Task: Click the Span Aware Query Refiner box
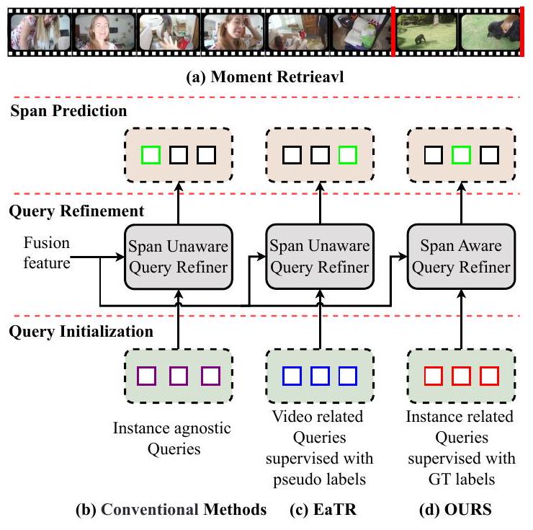tap(460, 257)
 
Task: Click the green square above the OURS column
tap(460, 154)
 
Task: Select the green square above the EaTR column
tap(346, 154)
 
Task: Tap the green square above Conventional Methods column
tap(151, 154)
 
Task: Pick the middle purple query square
tap(178, 376)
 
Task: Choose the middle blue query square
tap(319, 376)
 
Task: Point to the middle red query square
tap(460, 376)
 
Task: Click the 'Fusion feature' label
tap(47, 252)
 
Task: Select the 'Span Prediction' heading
tap(68, 111)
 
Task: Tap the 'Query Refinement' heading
tap(77, 211)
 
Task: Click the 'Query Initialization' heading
tap(81, 332)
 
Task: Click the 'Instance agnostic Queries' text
tap(172, 438)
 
